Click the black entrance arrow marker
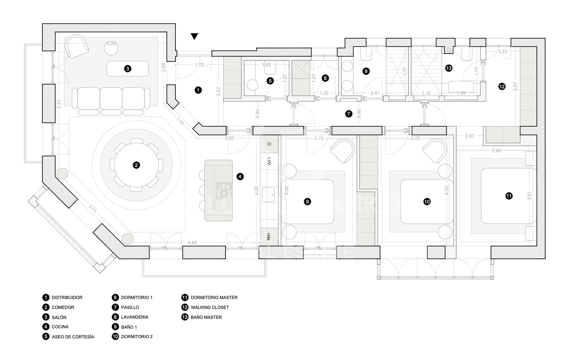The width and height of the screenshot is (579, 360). point(195,36)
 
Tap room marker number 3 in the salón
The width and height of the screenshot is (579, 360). point(128,69)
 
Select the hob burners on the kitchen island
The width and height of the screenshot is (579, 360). point(224,190)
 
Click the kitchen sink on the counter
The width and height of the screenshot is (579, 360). point(268,194)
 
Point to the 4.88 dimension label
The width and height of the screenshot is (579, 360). point(192,243)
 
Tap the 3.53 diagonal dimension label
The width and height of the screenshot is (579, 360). point(93,208)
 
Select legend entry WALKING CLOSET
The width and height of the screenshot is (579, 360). point(210,307)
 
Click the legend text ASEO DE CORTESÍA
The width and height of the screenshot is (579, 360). point(73,337)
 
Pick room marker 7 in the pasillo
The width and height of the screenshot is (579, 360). point(349,114)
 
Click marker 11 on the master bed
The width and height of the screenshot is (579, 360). point(509,196)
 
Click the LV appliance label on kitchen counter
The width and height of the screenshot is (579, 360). point(269,161)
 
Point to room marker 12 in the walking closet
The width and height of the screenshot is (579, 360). point(502,86)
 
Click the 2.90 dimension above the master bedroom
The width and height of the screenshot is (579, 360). point(496,150)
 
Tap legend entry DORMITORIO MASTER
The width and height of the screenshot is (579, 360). point(214,297)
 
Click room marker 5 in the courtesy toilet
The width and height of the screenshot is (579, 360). point(270,81)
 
